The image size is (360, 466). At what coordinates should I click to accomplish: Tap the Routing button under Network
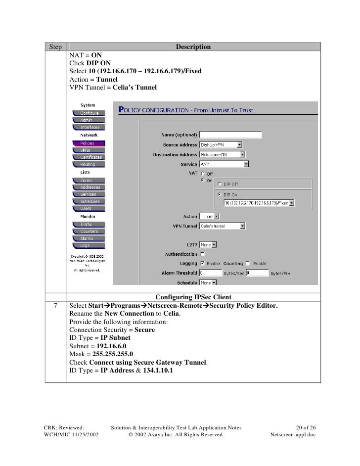88,164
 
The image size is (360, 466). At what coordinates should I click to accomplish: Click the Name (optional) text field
230,135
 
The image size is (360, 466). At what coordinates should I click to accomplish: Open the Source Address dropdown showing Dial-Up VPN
221,145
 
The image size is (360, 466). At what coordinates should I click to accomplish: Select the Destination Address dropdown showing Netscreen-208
221,155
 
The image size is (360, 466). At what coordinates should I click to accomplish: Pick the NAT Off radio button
202,174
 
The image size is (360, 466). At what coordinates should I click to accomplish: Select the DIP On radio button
220,194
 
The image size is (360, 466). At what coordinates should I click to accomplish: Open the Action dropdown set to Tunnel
209,216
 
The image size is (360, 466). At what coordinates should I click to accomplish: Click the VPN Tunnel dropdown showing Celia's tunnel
222,226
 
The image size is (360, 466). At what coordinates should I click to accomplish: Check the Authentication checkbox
202,254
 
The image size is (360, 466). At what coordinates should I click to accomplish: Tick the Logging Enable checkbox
202,264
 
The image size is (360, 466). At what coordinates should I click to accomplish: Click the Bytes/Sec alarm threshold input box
210,273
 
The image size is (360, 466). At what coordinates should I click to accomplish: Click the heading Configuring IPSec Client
193,297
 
